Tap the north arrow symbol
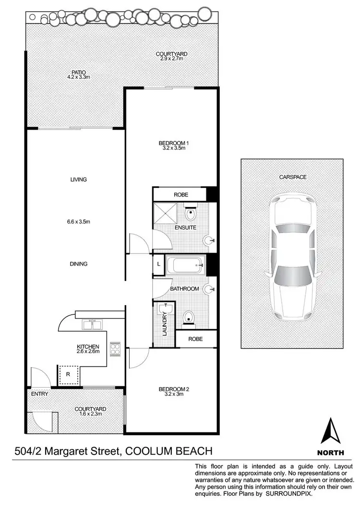click(331, 431)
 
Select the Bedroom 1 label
click(172, 143)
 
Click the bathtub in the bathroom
click(185, 265)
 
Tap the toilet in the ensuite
click(191, 212)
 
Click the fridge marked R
click(67, 374)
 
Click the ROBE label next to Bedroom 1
click(181, 195)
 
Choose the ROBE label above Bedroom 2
click(195, 339)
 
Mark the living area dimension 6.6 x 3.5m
click(78, 221)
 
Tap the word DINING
click(78, 264)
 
